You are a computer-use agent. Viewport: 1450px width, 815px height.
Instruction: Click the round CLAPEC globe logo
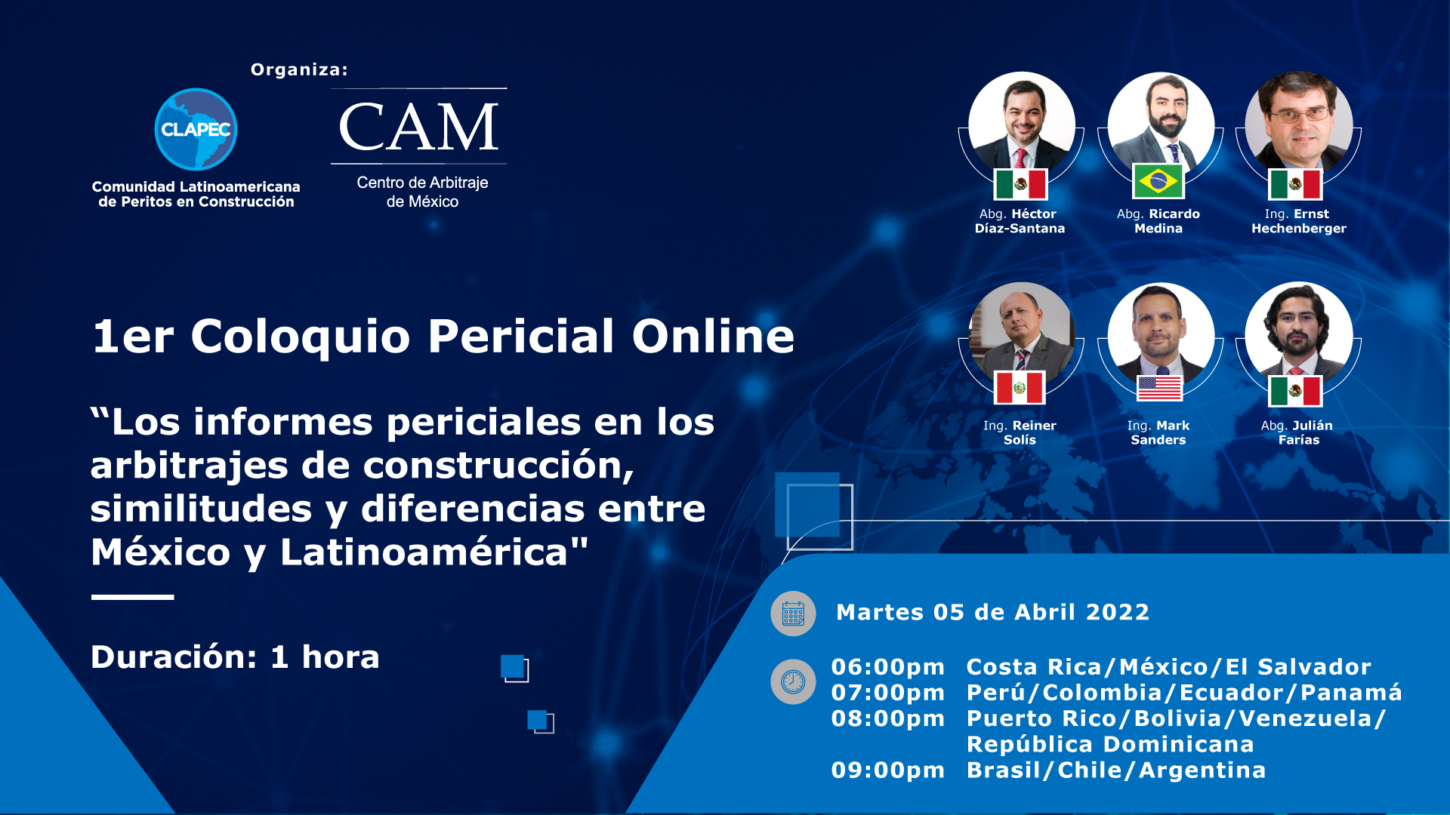[x=196, y=130]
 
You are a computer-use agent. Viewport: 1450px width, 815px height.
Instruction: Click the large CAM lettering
[x=419, y=127]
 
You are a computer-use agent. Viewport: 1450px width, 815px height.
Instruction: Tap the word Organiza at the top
[x=299, y=69]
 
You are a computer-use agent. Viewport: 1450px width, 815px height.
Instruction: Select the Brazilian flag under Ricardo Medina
[x=1158, y=181]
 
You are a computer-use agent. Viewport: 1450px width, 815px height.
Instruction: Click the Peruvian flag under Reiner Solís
[x=1020, y=388]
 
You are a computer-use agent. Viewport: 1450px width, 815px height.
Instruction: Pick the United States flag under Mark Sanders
[x=1159, y=388]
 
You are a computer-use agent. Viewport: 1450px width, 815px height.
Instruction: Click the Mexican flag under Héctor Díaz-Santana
[x=1020, y=184]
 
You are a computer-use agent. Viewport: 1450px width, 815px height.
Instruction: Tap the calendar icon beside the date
[x=793, y=614]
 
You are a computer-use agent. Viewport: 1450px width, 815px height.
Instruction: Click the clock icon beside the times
[x=793, y=682]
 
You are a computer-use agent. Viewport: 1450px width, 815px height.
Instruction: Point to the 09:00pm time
[x=888, y=770]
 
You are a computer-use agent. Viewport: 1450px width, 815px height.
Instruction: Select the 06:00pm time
[x=888, y=667]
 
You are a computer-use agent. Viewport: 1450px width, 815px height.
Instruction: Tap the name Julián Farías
[x=1299, y=432]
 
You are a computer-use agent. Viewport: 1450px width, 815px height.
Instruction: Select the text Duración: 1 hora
[x=235, y=657]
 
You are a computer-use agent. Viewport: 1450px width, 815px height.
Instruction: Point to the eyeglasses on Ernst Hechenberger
[x=1300, y=115]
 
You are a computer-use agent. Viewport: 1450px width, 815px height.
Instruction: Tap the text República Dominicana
[x=1110, y=745]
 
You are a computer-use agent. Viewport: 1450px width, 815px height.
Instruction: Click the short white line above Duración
[x=132, y=597]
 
